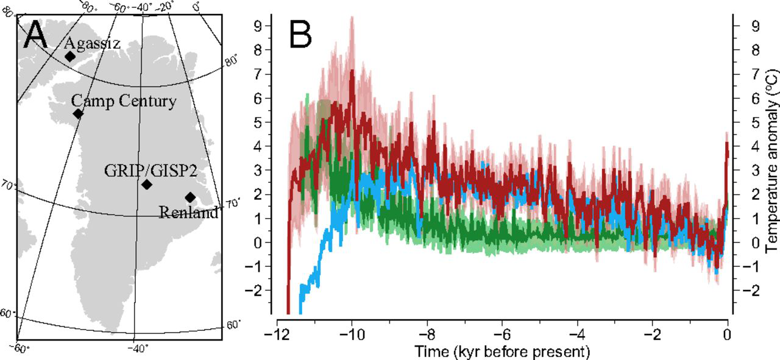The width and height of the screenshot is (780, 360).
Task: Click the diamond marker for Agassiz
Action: coord(70,57)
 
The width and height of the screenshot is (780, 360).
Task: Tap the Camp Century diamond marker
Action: coord(78,114)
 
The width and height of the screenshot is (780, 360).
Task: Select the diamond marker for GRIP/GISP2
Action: coord(146,185)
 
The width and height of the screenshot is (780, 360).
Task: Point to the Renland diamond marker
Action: coord(190,197)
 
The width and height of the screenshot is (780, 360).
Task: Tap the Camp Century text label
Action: coord(124,101)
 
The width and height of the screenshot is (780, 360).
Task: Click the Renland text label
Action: coord(188,213)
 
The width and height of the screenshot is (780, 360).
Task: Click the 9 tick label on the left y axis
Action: coord(258,26)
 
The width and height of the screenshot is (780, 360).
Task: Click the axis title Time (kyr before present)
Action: coord(503,351)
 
